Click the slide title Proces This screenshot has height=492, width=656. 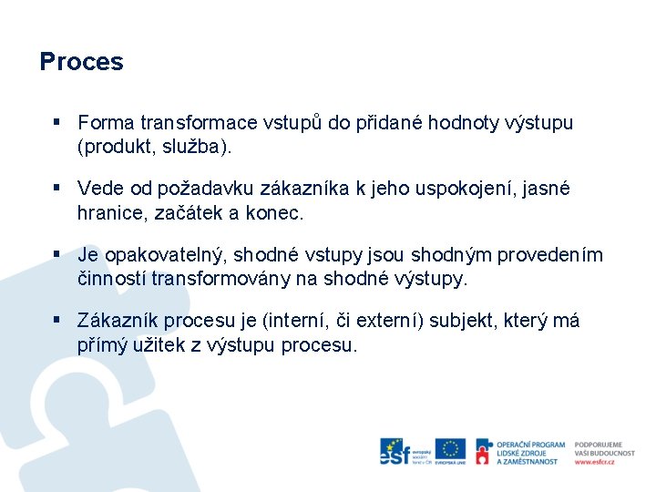point(81,62)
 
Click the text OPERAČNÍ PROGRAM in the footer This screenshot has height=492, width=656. point(531,445)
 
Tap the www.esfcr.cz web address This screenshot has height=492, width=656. point(594,462)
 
